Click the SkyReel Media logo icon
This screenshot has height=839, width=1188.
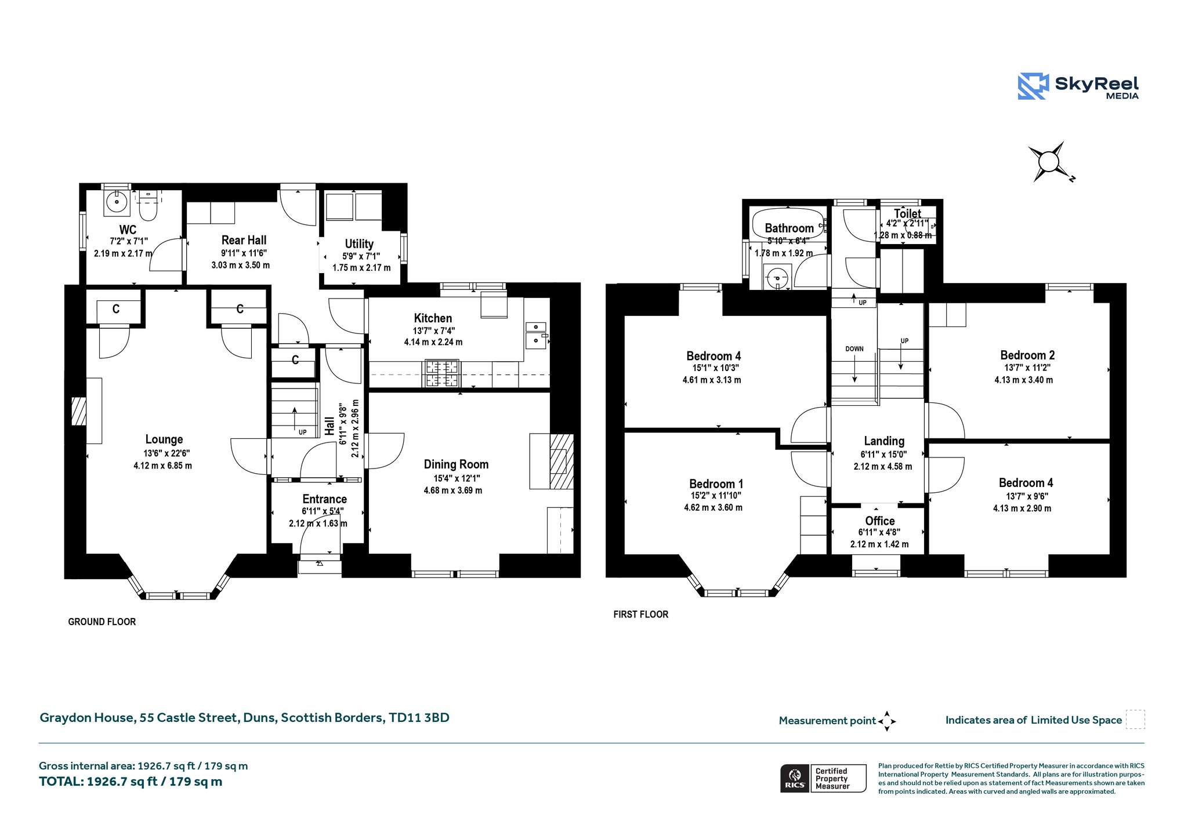pos(1033,86)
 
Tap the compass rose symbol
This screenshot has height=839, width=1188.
pos(1049,162)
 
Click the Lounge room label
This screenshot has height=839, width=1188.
pos(164,440)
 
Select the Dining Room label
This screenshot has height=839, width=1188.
pos(456,464)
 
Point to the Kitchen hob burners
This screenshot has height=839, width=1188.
pos(442,373)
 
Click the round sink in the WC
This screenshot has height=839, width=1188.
pos(118,202)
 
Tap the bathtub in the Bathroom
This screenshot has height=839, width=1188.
pos(787,223)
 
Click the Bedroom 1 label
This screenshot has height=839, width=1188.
pos(716,484)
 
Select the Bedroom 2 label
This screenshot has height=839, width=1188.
pos(1027,355)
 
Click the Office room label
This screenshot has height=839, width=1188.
pos(879,521)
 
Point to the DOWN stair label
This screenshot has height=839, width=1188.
pos(854,349)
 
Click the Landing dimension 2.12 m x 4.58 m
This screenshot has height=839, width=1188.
pos(882,467)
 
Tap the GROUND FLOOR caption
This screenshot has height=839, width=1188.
pos(102,622)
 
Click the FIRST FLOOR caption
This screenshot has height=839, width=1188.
pos(640,614)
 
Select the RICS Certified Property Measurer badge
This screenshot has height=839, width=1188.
pos(823,779)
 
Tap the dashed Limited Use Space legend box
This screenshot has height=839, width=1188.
pos(1135,720)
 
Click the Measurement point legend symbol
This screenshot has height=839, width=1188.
pos(886,721)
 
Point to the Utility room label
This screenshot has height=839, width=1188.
pos(359,244)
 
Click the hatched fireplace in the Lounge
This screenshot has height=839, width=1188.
pos(78,411)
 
